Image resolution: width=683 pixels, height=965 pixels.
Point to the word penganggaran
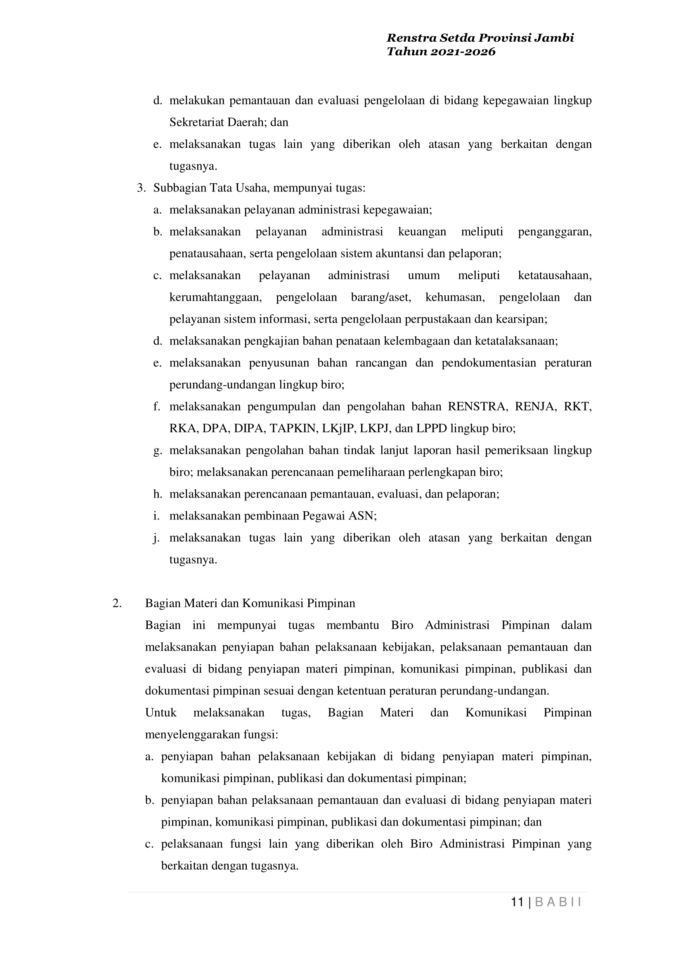[x=555, y=232]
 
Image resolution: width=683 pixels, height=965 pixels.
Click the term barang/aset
[x=380, y=297]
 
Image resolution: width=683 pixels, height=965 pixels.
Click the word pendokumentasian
[x=489, y=363]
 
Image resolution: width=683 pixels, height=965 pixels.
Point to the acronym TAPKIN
[x=293, y=429]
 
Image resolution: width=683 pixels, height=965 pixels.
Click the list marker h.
[x=157, y=494]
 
